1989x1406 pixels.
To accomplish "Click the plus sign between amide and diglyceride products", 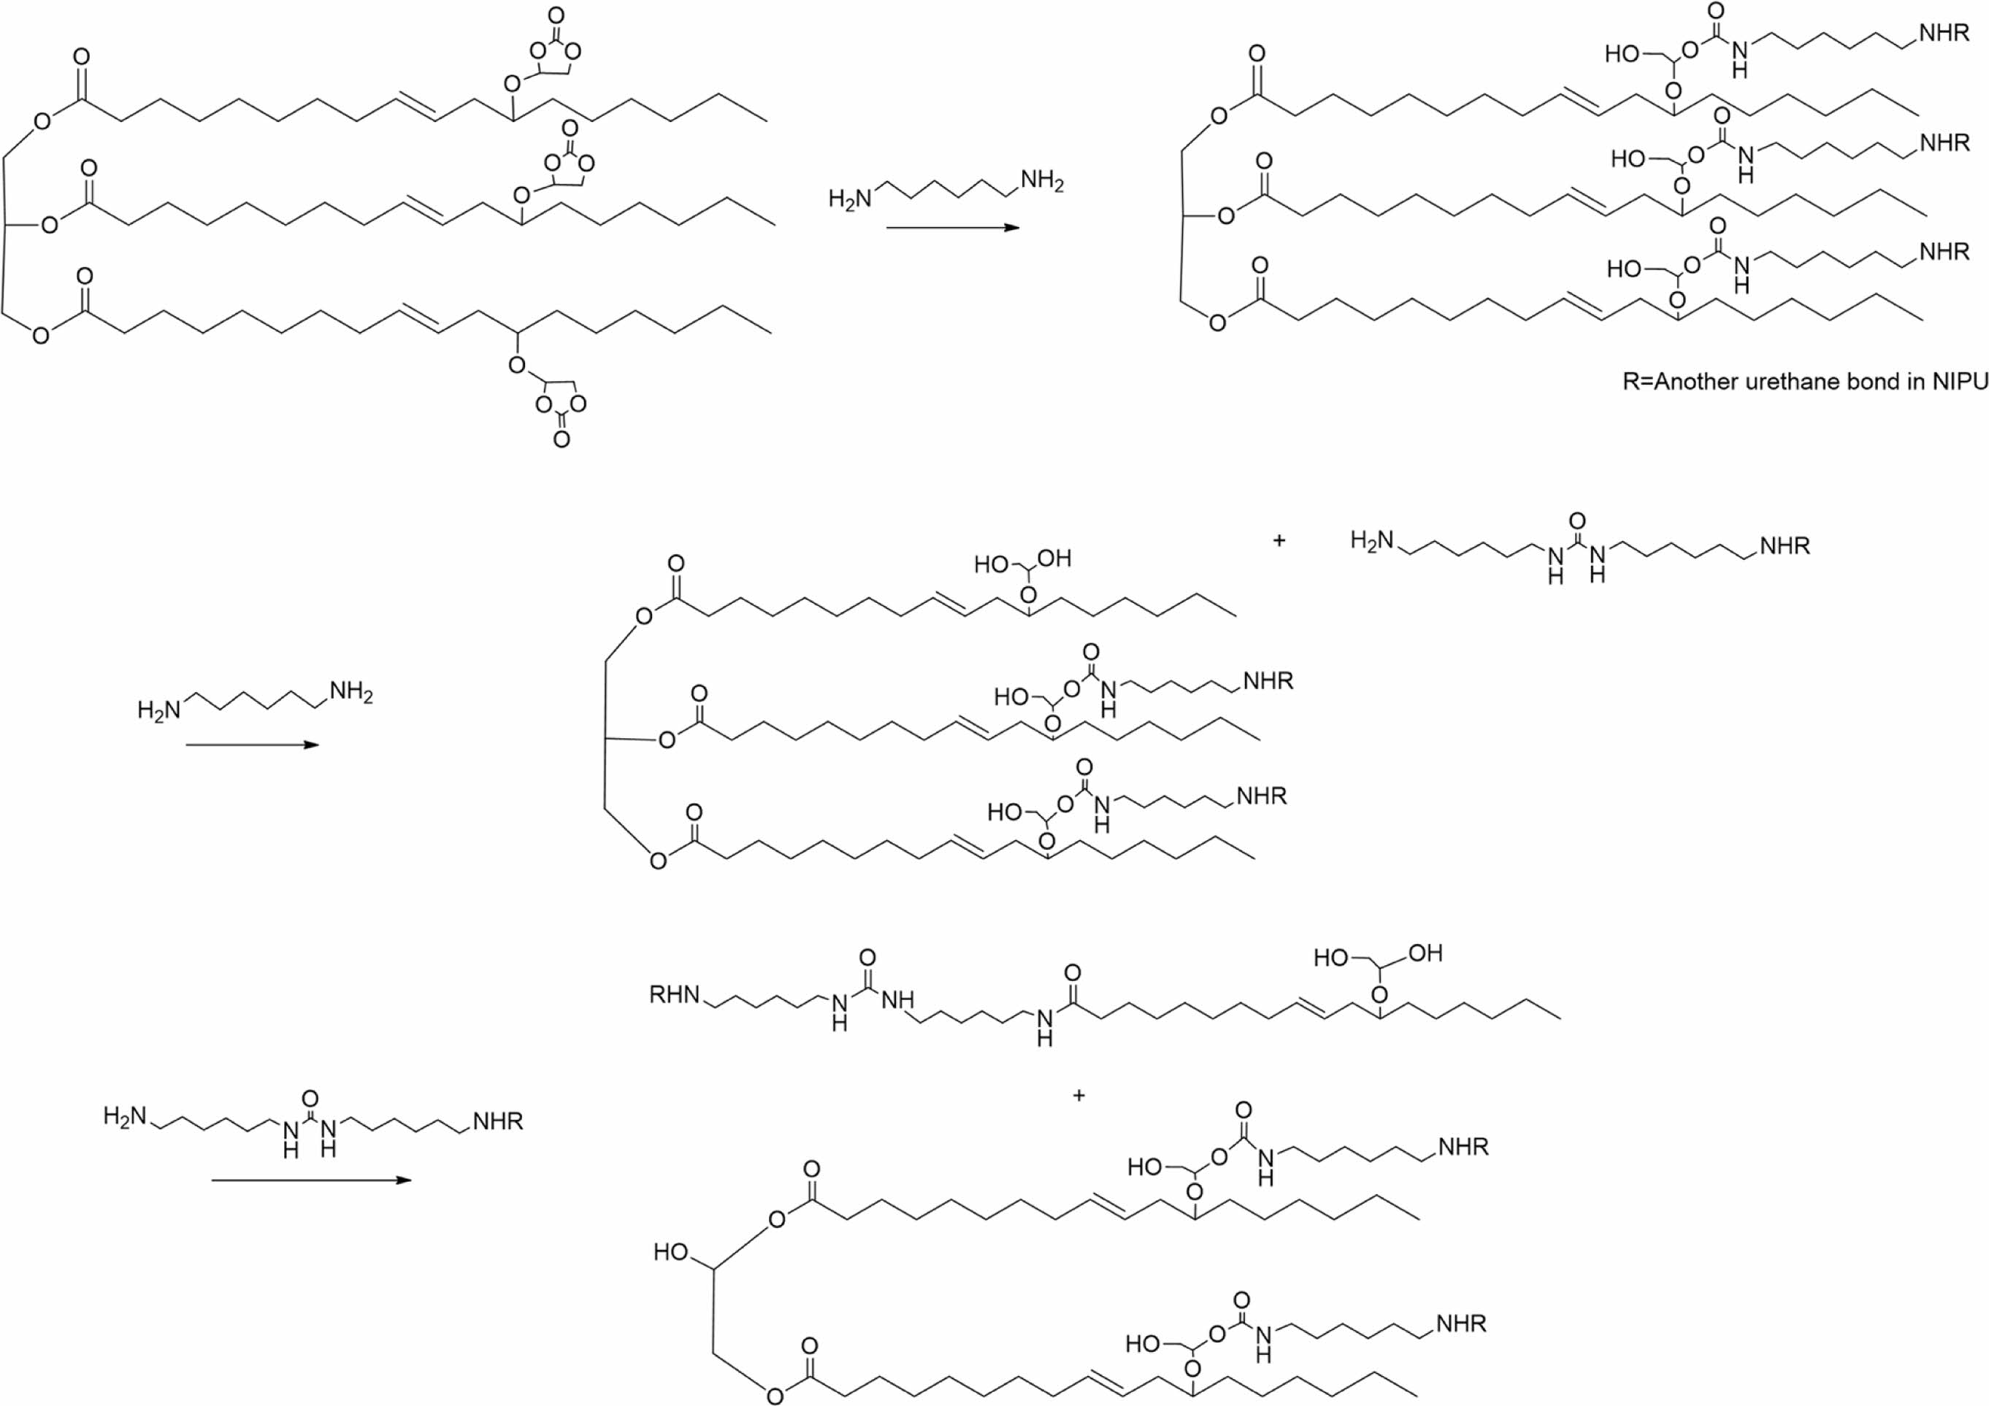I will click(1078, 1095).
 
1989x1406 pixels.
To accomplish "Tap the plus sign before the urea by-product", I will click(1279, 539).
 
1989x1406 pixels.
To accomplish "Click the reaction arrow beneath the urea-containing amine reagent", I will click(310, 1180).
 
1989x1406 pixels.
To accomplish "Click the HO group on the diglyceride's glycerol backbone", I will click(671, 1252).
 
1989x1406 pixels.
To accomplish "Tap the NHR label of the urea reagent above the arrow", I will click(498, 1121).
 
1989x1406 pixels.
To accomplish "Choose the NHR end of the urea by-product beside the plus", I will click(1785, 546).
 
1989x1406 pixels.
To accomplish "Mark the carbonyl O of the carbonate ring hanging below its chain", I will click(562, 440).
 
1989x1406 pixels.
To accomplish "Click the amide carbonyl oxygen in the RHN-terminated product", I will click(1073, 974).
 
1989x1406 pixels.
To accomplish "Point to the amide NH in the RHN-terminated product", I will click(1044, 1025).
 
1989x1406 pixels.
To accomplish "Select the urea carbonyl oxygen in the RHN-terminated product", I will click(867, 957).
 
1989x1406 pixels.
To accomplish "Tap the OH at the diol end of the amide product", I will click(1426, 953).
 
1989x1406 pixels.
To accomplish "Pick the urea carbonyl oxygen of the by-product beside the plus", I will click(1577, 520).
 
